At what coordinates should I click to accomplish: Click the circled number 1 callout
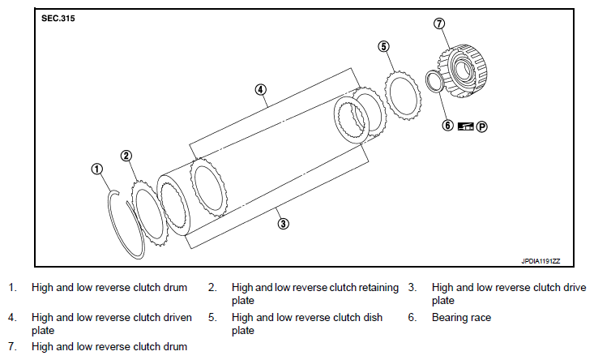(97, 169)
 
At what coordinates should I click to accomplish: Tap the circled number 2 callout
(126, 156)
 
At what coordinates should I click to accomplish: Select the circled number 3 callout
(283, 224)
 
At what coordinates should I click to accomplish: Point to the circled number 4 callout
(260, 90)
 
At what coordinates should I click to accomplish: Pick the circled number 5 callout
(383, 46)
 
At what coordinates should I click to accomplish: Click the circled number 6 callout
(447, 125)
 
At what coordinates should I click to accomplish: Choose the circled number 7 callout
(438, 24)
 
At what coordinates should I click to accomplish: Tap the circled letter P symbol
(481, 126)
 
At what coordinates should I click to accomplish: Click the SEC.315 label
(58, 18)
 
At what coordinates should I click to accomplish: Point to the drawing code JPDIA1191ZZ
(541, 261)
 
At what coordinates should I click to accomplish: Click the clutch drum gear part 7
(463, 71)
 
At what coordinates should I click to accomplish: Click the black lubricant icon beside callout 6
(466, 126)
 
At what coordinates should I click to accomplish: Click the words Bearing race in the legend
(461, 318)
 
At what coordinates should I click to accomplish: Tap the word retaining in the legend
(378, 288)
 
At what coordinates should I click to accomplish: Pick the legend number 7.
(12, 347)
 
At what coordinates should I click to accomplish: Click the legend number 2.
(212, 288)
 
